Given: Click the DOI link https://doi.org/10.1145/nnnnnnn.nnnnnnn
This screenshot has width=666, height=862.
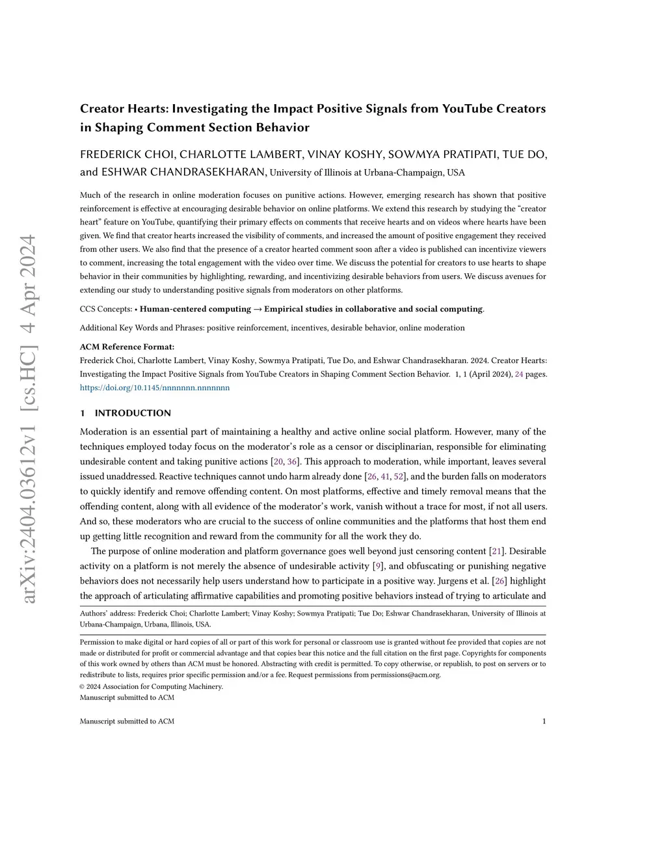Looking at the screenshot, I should [x=155, y=388].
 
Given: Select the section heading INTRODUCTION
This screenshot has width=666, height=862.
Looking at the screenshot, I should [x=133, y=413].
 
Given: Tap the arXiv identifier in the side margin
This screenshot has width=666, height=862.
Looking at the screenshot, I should [x=29, y=419].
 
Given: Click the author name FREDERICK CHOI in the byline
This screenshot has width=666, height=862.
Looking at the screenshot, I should [x=127, y=155].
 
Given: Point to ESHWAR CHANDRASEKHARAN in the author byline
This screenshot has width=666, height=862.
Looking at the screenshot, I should [x=183, y=172].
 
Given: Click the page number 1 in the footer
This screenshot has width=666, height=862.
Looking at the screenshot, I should [x=544, y=721].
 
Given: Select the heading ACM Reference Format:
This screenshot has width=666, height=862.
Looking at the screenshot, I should [x=127, y=347].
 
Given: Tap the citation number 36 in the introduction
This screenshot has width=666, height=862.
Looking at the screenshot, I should [x=292, y=462].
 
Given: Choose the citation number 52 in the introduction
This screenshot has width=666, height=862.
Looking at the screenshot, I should [x=399, y=477].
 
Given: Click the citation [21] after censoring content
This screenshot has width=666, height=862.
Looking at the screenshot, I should [x=497, y=552].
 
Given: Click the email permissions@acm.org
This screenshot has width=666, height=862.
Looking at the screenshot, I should [x=405, y=675].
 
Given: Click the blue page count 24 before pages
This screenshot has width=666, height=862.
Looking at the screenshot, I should [x=519, y=374].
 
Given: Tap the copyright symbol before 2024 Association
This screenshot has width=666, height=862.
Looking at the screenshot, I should [x=83, y=686].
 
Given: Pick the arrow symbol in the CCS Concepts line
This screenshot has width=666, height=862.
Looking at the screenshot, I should [x=258, y=309].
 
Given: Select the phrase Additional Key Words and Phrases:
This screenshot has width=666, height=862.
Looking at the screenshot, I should [x=142, y=328].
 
